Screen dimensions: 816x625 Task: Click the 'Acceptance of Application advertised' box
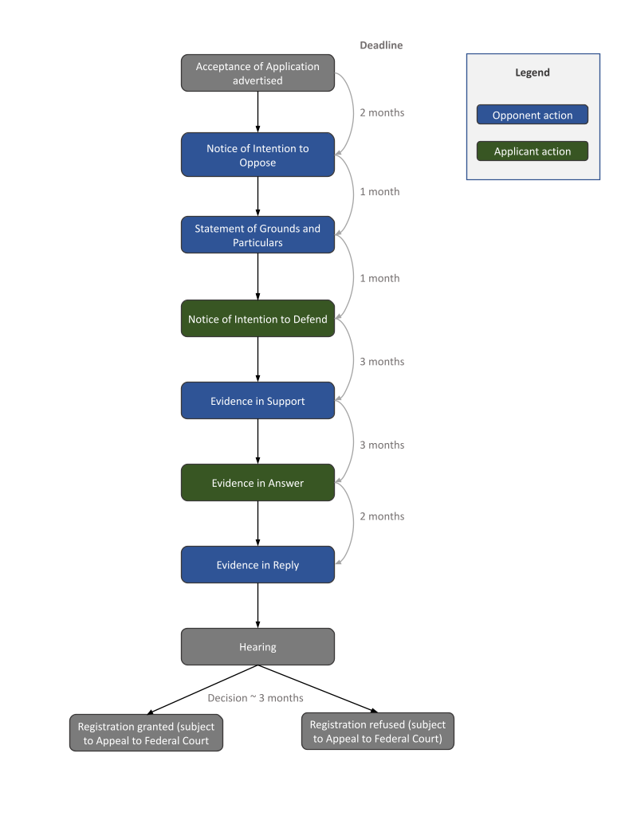pos(257,73)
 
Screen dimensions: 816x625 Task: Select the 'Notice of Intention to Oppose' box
pos(257,155)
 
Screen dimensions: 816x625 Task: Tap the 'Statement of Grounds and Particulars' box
pos(257,235)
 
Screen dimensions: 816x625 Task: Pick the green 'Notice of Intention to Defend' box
pos(257,319)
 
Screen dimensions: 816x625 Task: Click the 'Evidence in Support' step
pos(257,401)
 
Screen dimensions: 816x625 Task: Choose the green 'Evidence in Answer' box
pos(257,483)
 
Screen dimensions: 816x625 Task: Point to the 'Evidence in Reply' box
pos(257,565)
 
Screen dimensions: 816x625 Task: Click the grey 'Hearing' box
pos(257,646)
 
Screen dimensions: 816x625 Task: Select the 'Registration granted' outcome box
pos(146,733)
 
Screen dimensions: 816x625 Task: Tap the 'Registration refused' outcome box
pos(377,732)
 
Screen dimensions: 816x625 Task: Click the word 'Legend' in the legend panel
pos(532,73)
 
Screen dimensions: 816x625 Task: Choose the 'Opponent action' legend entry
pos(532,115)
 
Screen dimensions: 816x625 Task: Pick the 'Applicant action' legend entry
pos(532,151)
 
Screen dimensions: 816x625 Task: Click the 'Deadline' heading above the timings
pos(381,45)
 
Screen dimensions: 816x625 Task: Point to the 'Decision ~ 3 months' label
pos(255,698)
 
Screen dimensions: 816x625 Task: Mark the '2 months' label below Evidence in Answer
pos(382,516)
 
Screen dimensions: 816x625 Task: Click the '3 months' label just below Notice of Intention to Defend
pos(382,362)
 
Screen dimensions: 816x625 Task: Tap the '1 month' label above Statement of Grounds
pos(379,192)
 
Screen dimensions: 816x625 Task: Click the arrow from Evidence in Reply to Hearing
pos(257,606)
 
